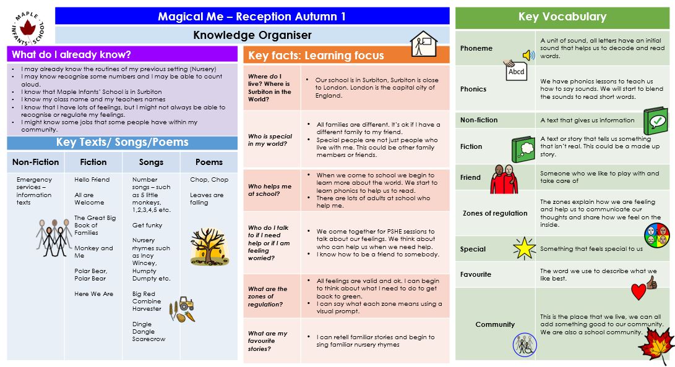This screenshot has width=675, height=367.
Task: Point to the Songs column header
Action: coord(151,162)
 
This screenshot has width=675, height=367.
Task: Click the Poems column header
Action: coord(209,162)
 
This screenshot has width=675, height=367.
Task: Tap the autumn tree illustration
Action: coord(210,246)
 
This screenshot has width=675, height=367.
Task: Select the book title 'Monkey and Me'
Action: coord(93,251)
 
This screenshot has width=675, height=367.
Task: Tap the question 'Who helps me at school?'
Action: coord(270,190)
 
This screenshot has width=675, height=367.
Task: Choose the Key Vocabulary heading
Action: coord(562,17)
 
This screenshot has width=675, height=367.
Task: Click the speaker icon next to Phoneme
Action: coord(528,55)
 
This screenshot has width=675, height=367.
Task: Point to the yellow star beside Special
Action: coord(524,248)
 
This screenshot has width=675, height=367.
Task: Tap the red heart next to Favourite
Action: coord(638,291)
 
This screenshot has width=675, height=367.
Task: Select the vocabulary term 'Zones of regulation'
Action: coord(495,213)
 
